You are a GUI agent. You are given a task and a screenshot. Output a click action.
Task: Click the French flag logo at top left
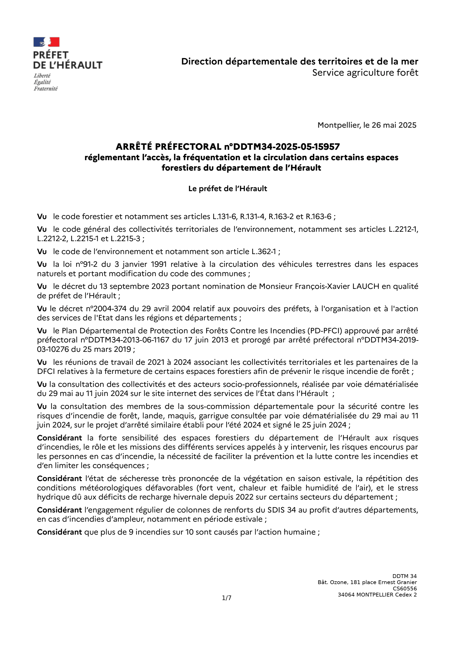(x=46, y=42)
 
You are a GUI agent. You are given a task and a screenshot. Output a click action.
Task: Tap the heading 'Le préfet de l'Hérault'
(x=227, y=189)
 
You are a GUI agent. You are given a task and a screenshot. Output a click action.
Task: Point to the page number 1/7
(x=227, y=598)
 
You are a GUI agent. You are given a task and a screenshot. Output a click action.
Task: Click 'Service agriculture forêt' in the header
(x=365, y=73)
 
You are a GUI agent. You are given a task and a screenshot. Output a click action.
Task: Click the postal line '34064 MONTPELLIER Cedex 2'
(x=377, y=595)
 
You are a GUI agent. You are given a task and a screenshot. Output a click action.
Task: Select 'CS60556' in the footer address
(x=405, y=589)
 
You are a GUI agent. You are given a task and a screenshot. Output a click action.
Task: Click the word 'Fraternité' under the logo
(x=45, y=89)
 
